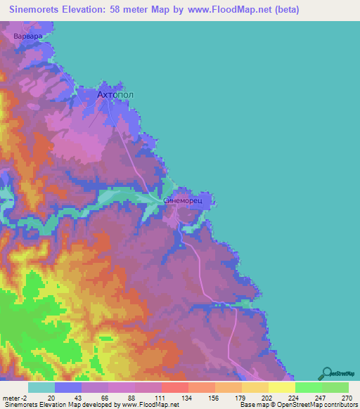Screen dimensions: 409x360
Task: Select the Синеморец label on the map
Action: pyautogui.click(x=182, y=200)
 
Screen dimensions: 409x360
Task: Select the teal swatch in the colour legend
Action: pyautogui.click(x=41, y=387)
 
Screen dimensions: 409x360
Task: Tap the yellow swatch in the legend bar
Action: pyautogui.click(x=281, y=387)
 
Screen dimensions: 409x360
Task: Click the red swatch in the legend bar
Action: pyautogui.click(x=174, y=387)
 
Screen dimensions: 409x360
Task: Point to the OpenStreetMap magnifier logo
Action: pyautogui.click(x=327, y=373)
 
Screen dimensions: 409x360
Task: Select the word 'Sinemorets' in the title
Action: pyautogui.click(x=39, y=10)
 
